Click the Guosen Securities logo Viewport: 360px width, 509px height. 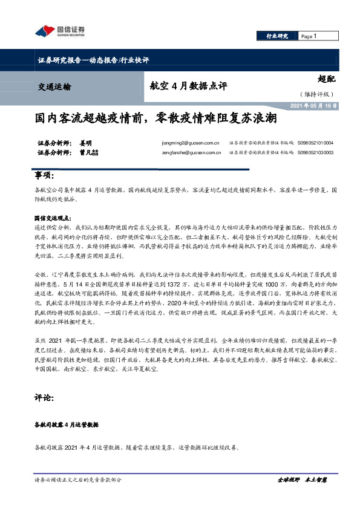coord(60,30)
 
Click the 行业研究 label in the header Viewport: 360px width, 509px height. coord(278,36)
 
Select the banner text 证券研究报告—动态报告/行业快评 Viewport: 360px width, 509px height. coord(93,60)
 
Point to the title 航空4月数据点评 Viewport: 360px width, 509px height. coord(188,86)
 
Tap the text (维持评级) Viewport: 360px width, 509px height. coord(316,94)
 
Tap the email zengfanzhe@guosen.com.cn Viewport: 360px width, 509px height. coord(190,153)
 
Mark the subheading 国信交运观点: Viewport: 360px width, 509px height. coord(52,217)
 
